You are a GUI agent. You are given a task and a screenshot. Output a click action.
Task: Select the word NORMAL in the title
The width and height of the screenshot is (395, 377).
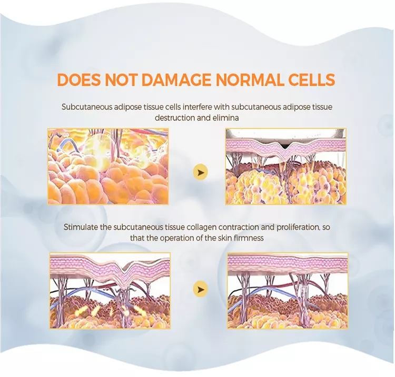[x=251, y=80]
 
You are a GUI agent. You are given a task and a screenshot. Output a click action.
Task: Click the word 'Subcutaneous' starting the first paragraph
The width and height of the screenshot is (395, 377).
[x=87, y=107]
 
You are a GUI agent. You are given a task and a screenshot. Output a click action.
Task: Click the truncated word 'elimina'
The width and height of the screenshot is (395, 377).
[x=225, y=118]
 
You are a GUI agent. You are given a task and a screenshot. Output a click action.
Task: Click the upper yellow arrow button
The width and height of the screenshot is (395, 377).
[x=201, y=172]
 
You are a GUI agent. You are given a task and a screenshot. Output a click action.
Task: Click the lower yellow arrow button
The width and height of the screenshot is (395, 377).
[x=201, y=289]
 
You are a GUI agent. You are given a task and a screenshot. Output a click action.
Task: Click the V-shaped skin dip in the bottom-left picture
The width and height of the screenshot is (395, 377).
[x=124, y=277]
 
